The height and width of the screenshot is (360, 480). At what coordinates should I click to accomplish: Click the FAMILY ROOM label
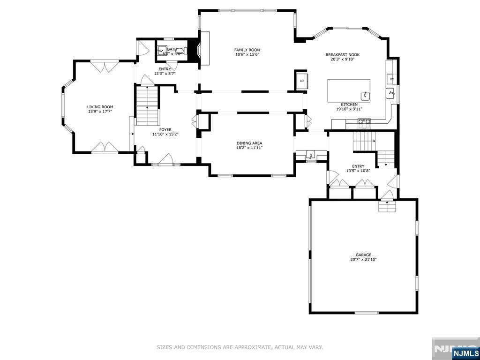[x=247, y=50]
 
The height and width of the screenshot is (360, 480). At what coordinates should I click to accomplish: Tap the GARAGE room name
[x=363, y=255]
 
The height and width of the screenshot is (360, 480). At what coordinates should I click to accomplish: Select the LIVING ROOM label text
[x=100, y=107]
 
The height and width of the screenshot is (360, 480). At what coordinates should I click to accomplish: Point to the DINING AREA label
[x=249, y=143]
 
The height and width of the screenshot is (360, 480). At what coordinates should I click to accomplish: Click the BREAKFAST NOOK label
[x=342, y=55]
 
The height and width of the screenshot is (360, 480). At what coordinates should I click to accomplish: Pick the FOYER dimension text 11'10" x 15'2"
[x=165, y=135]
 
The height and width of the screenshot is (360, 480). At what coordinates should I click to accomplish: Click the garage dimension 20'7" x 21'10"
[x=363, y=260]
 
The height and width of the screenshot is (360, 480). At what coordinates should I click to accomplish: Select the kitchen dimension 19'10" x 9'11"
[x=349, y=109]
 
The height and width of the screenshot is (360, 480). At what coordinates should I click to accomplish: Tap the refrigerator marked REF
[x=301, y=81]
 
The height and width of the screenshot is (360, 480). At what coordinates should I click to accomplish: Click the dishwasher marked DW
[x=391, y=79]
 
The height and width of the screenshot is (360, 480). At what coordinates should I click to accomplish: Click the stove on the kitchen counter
[x=364, y=123]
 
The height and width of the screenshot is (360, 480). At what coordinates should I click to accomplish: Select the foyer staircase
[x=147, y=107]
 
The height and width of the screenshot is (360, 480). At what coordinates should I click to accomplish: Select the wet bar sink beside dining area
[x=310, y=155]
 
